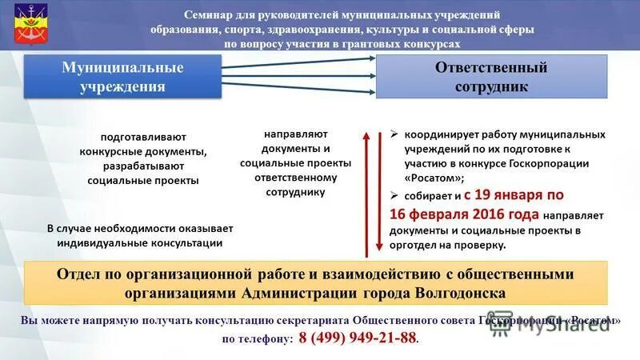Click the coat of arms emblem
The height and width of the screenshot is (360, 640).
tap(26, 26)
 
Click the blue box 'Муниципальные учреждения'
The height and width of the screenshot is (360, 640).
tap(122, 77)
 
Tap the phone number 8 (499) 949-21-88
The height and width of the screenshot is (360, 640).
tap(358, 338)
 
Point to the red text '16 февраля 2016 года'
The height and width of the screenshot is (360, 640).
tap(465, 214)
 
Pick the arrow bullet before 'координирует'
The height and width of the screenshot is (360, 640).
tap(394, 134)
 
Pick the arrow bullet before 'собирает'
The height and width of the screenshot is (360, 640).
tap(394, 194)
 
